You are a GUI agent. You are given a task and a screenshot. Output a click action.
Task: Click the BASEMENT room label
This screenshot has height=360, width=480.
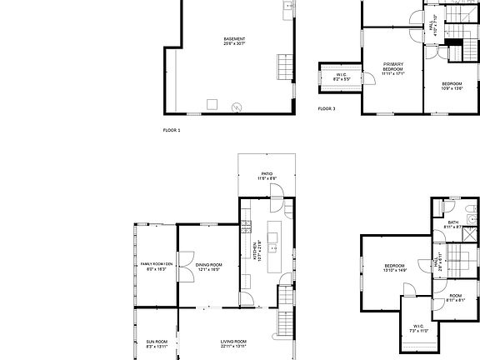point(234,42)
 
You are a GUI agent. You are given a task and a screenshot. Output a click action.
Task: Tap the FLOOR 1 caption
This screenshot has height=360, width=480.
point(171,130)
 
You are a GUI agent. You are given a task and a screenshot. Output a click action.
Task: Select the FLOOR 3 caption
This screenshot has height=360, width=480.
point(327,109)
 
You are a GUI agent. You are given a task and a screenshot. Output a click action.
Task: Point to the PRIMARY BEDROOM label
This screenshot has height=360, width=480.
point(392,68)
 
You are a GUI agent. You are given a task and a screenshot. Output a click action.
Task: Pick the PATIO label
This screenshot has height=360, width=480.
point(267,176)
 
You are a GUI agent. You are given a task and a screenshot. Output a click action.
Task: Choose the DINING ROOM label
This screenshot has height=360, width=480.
point(209,267)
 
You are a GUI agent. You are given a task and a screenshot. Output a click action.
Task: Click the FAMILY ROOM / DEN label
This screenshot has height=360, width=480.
point(156,267)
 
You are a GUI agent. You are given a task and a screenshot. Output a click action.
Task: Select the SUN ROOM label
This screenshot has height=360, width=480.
point(157,343)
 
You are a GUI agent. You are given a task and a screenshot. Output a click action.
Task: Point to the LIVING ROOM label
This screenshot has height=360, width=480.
point(233,343)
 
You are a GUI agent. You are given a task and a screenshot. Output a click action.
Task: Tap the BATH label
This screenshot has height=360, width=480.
point(453,224)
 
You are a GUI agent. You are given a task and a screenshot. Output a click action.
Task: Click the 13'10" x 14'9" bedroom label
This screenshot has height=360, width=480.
point(394,268)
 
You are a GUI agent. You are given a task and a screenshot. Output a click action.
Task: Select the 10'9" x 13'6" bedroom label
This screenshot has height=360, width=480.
point(452,85)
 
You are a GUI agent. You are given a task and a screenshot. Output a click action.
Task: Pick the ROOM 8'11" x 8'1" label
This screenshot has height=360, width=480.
point(456,297)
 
